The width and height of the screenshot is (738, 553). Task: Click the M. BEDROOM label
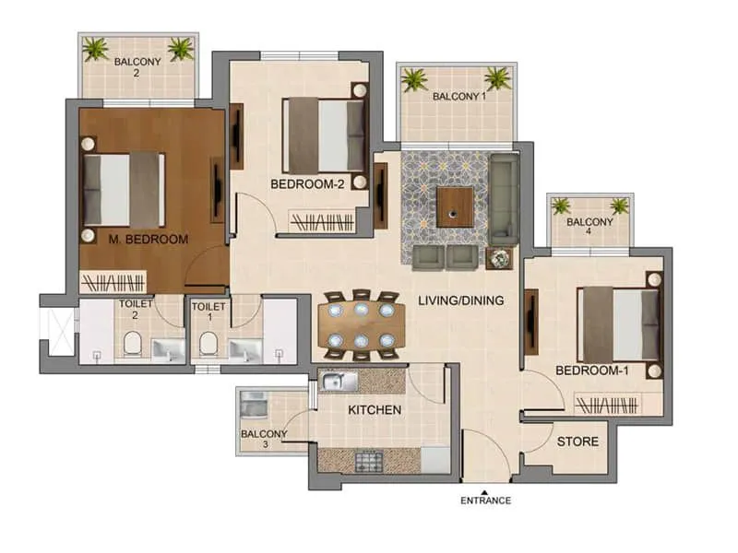click(148, 240)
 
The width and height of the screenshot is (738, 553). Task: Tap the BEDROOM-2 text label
click(307, 184)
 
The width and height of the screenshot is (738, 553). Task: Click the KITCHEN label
click(375, 409)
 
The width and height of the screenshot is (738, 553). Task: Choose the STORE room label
click(577, 441)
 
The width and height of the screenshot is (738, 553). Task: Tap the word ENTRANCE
click(485, 501)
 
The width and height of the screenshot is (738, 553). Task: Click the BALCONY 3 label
click(264, 439)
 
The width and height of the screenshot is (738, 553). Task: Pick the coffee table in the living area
click(455, 207)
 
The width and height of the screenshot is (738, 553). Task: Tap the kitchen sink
click(337, 380)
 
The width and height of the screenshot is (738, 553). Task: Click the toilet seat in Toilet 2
click(132, 346)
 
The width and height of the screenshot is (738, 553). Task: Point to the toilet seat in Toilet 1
click(208, 346)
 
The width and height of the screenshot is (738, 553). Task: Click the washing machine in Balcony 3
click(251, 404)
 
